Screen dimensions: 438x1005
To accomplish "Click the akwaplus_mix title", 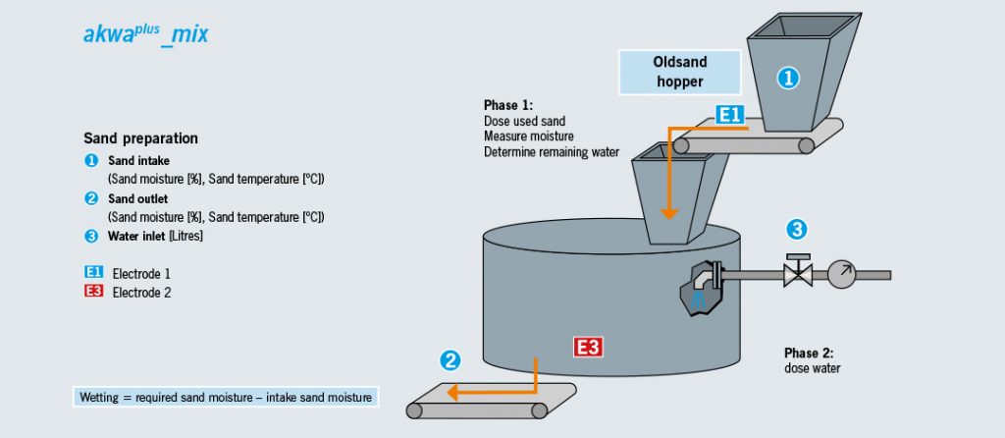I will pyautogui.click(x=145, y=34).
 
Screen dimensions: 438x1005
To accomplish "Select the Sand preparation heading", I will pyautogui.click(x=140, y=138).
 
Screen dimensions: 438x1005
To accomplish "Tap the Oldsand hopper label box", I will pyautogui.click(x=678, y=72).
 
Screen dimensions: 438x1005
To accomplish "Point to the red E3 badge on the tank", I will pyautogui.click(x=588, y=346).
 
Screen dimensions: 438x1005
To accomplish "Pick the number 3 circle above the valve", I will pyautogui.click(x=797, y=231).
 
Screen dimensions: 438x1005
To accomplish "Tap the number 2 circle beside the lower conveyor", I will pyautogui.click(x=450, y=360).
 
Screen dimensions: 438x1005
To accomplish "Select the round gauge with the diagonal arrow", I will pyautogui.click(x=841, y=274).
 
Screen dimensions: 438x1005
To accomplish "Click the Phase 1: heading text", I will pyautogui.click(x=508, y=105).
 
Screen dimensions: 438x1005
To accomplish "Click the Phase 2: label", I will pyautogui.click(x=809, y=353).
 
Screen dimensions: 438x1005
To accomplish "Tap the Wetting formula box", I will pyautogui.click(x=225, y=398).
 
